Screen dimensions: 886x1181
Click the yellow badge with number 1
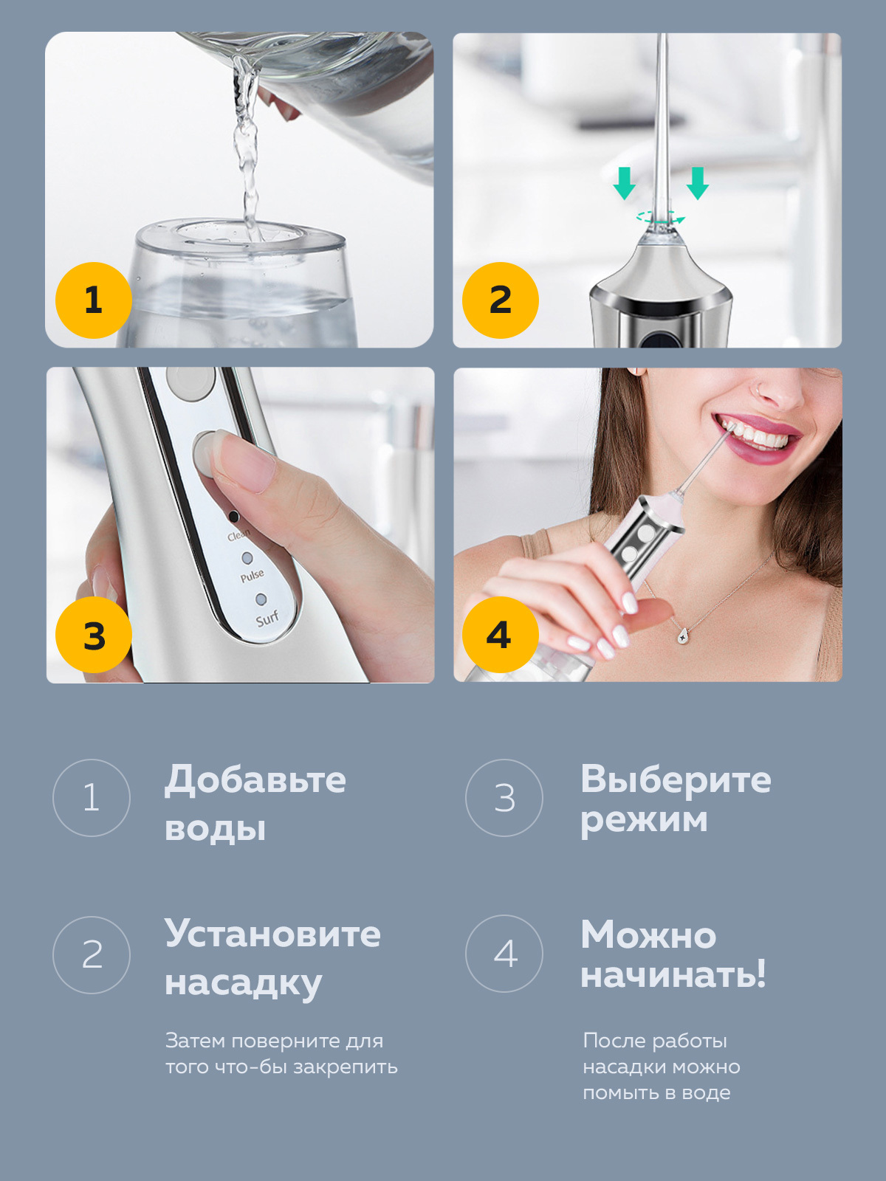94,300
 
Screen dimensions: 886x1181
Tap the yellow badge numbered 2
501,300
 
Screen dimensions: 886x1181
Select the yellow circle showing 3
94,635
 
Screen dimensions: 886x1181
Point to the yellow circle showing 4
501,635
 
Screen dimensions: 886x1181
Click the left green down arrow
624,183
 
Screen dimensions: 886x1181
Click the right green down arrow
697,183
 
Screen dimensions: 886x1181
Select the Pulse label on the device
252,576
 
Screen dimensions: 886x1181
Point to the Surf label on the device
267,619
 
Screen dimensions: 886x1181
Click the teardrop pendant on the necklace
683,636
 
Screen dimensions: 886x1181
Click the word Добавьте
255,780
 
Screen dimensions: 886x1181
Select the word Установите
272,934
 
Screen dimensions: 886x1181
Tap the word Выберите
676,779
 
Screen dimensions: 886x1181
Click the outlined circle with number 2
92,955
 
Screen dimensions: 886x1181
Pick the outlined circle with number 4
504,954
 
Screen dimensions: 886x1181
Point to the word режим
644,822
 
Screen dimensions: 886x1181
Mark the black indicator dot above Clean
233,517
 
